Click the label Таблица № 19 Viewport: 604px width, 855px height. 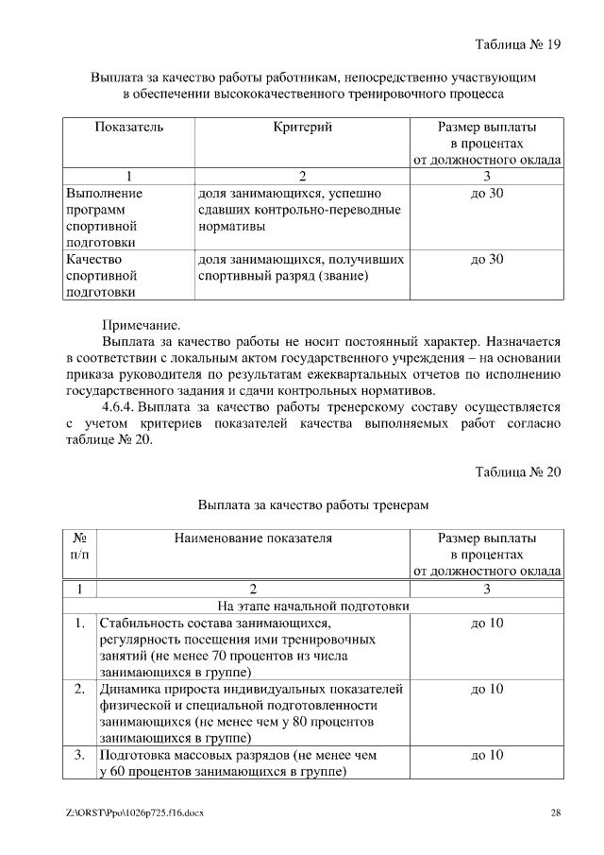[518, 43]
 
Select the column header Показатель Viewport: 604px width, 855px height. [129, 126]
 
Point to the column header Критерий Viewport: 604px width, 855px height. [303, 126]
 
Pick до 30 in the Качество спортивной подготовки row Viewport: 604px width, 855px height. [487, 258]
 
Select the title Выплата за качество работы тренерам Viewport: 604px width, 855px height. [313, 505]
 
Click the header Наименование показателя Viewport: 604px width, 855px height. [253, 538]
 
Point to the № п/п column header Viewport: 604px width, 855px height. [80, 546]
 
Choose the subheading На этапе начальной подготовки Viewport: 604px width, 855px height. [313, 607]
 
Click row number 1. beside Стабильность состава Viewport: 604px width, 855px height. [80, 624]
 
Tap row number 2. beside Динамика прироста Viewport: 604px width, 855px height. [80, 689]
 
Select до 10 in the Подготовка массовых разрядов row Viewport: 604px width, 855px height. [487, 755]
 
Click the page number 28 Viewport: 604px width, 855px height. [556, 812]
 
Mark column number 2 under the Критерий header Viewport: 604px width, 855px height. [303, 176]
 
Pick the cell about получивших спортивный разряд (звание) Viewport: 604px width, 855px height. [302, 267]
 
